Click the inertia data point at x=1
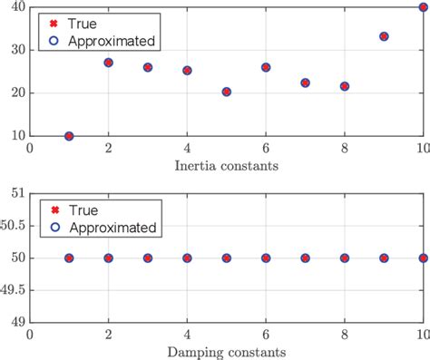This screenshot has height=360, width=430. point(69,136)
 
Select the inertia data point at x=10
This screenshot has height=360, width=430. point(423,7)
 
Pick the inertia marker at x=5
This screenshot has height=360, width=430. point(226,92)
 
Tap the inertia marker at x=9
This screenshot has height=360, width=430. point(384,36)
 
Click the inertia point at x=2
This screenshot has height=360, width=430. point(108,63)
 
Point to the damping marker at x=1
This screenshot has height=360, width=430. point(69,258)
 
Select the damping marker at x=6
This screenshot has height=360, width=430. point(266,258)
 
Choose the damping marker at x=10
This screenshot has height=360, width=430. point(423,258)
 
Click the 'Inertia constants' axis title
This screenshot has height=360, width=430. point(226,166)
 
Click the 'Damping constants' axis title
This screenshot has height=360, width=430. point(226,351)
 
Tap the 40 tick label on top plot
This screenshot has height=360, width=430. point(16,7)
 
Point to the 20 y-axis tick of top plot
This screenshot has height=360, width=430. point(16,93)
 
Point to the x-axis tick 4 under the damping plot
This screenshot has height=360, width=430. point(187,336)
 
